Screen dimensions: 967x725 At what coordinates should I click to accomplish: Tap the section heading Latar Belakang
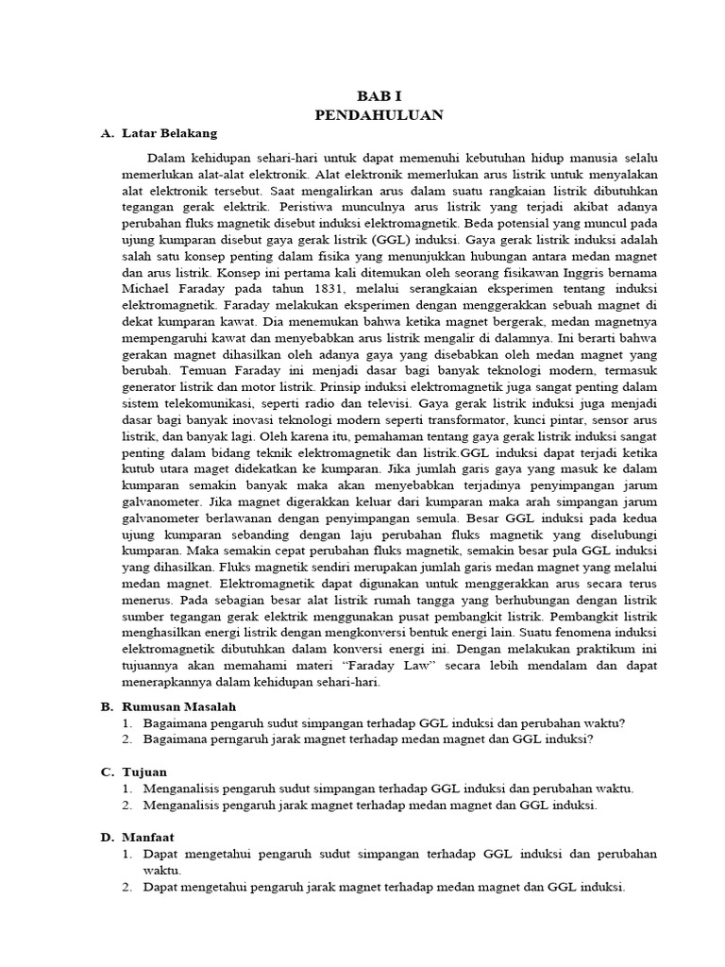(x=170, y=133)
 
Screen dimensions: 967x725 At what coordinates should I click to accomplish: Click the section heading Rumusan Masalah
(x=179, y=705)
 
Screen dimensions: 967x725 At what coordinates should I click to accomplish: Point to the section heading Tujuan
(x=144, y=772)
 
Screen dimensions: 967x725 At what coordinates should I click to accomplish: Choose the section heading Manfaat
(x=149, y=837)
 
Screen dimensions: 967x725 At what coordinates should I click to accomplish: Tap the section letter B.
(x=107, y=705)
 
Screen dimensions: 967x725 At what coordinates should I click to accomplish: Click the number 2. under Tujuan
(x=128, y=806)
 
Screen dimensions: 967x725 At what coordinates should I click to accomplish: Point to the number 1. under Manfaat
(x=128, y=854)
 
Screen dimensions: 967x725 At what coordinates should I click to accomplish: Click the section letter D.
(x=107, y=837)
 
